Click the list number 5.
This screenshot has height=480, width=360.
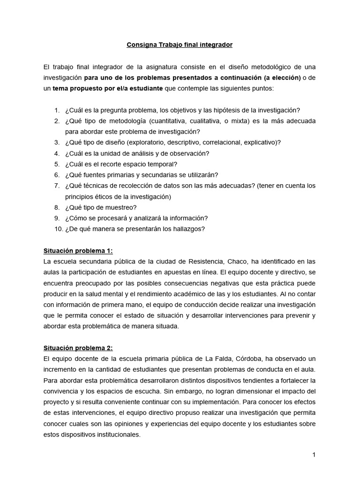(x=57, y=164)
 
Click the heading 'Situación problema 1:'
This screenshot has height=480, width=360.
(x=78, y=251)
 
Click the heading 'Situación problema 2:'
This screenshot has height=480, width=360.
(x=78, y=348)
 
